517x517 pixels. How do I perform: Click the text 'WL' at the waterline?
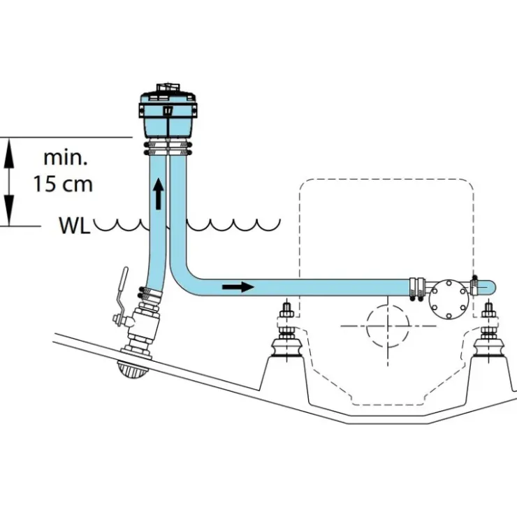point(75,226)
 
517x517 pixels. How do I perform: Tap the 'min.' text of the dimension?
point(66,158)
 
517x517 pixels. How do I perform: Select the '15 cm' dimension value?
point(63,184)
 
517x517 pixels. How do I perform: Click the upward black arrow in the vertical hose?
point(159,194)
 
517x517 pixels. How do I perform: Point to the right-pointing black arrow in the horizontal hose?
point(238,287)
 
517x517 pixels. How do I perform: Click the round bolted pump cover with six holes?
point(449,300)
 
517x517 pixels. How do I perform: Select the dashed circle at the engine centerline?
point(388,326)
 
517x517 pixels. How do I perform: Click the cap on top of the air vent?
point(168,89)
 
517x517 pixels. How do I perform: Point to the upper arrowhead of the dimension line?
point(10,150)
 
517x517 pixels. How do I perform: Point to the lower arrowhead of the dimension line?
point(10,214)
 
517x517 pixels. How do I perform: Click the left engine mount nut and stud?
point(286,320)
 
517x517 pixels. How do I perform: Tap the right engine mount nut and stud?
point(488,320)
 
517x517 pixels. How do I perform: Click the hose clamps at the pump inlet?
point(417,289)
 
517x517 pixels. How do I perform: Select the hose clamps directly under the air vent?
point(168,148)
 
